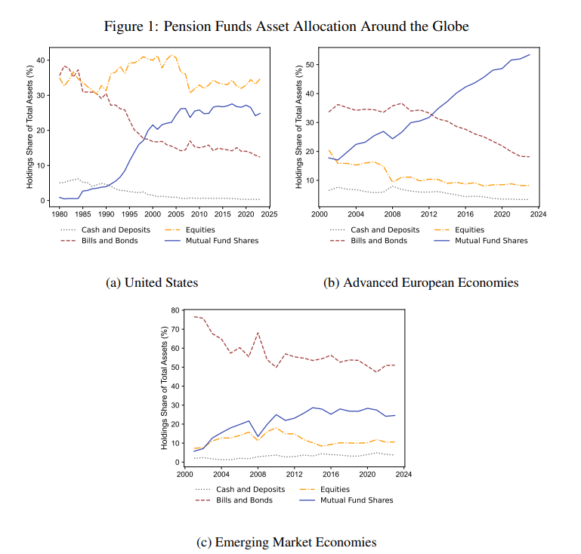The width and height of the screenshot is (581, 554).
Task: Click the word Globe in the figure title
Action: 450,26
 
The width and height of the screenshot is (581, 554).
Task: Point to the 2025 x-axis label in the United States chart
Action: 270,214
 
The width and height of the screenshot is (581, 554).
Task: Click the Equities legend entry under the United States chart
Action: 200,229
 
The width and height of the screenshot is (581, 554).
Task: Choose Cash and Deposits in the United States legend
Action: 116,229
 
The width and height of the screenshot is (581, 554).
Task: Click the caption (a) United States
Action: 152,282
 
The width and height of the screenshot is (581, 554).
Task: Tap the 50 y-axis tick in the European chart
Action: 310,65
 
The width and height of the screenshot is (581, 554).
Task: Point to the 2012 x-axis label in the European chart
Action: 428,214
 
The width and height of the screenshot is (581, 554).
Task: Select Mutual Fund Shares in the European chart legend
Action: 491,241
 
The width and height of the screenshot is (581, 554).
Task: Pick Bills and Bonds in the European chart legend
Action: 379,241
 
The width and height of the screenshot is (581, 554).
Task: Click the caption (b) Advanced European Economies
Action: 421,282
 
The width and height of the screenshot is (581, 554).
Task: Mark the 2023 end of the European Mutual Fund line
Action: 530,55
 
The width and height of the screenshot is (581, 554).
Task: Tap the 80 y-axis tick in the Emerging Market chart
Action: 175,310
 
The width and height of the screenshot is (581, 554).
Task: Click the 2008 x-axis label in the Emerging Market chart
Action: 258,475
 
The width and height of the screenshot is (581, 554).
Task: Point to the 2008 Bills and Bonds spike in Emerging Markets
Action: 258,333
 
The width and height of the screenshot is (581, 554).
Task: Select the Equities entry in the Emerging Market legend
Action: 335,489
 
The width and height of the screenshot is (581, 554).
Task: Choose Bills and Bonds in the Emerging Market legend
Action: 244,500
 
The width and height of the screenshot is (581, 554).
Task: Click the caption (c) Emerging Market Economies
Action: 286,542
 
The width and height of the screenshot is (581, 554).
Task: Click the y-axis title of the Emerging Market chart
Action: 164,388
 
